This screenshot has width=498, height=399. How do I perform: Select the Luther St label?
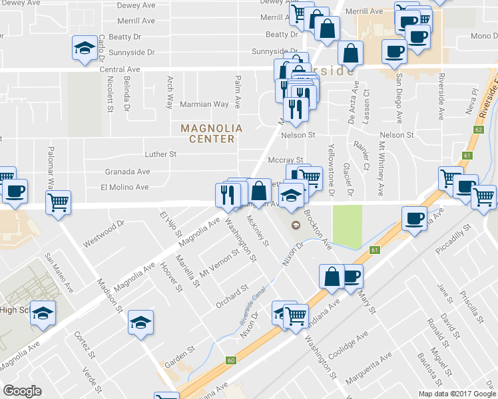(x=160, y=154)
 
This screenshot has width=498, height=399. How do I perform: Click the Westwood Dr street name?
(x=104, y=235)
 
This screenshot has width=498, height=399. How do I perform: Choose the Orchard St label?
(x=232, y=297)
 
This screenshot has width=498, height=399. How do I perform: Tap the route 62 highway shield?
(x=479, y=130)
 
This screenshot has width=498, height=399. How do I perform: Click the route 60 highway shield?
(x=231, y=360)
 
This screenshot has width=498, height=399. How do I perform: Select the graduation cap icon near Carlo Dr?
(x=85, y=49)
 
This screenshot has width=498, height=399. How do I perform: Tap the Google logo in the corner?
(x=23, y=391)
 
